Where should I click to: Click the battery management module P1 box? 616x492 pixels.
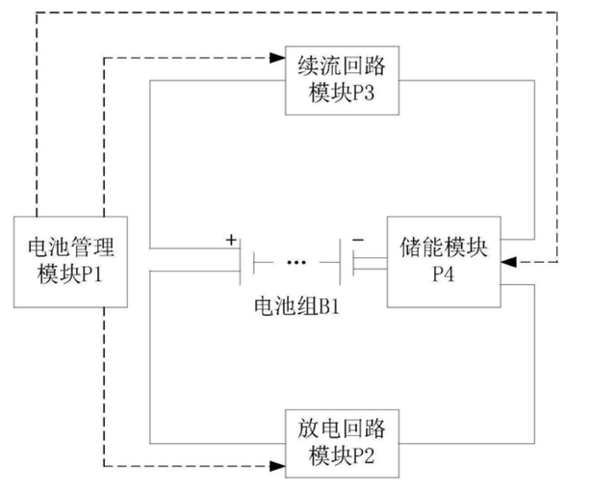(70, 262)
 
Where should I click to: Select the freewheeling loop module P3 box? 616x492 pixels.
(343, 81)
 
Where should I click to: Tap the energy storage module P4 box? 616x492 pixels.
(444, 262)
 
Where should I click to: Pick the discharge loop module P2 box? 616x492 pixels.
(343, 444)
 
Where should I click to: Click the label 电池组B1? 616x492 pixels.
(296, 306)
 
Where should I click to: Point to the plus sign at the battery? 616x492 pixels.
(231, 240)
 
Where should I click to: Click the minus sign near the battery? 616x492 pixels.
(358, 240)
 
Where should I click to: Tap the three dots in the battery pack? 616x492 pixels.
(296, 262)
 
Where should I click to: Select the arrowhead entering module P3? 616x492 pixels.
(277, 58)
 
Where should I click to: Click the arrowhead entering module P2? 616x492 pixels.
(277, 466)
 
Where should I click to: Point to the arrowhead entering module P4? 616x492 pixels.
(509, 262)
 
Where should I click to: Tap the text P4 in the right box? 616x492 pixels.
(444, 273)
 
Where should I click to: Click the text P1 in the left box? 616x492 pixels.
(91, 273)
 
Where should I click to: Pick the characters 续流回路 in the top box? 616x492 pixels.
(342, 65)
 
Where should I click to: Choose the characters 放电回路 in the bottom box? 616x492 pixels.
(342, 428)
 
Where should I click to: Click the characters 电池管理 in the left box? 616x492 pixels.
(70, 247)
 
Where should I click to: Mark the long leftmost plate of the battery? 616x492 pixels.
(240, 262)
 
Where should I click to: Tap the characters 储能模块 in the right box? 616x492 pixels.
(444, 247)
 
